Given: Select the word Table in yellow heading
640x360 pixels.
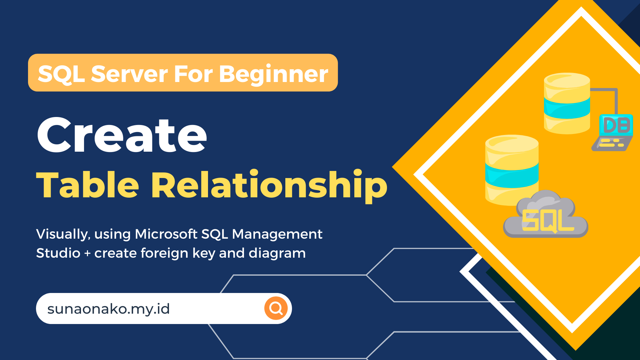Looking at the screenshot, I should (x=87, y=185).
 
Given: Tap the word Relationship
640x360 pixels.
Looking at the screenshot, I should (x=269, y=186).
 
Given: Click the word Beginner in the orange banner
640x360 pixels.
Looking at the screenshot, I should (x=273, y=74).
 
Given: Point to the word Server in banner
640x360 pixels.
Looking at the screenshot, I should (x=129, y=74).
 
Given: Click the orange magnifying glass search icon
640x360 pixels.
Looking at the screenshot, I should (x=276, y=308).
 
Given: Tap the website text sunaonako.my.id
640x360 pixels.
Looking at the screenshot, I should (x=109, y=309).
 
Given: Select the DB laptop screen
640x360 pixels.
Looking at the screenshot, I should (x=616, y=125).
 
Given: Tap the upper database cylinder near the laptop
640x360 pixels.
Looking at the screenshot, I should (x=567, y=103).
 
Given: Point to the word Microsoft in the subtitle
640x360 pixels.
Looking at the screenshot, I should (x=166, y=234).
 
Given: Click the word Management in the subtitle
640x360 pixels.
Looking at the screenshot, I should (x=277, y=234).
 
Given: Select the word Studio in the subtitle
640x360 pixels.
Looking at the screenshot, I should (x=58, y=253).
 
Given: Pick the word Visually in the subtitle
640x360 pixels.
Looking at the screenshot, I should (x=62, y=234).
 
